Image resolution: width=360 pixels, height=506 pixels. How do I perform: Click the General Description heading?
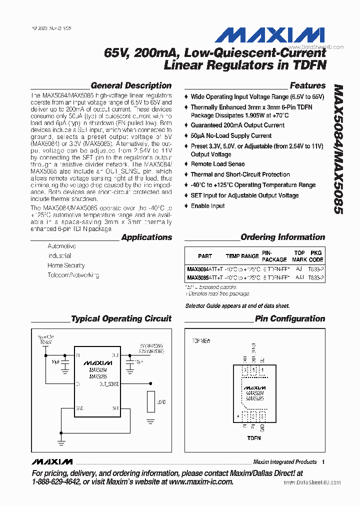click(x=131, y=85)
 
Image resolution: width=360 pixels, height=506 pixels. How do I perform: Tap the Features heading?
click(x=307, y=85)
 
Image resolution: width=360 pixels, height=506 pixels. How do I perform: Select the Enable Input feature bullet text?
click(x=207, y=206)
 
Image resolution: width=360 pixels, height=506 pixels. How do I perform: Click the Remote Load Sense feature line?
click(x=217, y=164)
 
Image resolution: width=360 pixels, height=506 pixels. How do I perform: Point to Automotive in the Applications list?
click(x=61, y=246)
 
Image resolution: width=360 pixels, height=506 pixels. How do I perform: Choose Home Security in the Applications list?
click(x=66, y=265)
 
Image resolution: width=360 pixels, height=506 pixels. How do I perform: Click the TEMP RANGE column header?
click(x=242, y=256)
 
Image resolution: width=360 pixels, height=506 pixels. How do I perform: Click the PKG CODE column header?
click(x=316, y=256)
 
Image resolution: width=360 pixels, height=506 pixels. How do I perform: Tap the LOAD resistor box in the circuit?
click(x=150, y=401)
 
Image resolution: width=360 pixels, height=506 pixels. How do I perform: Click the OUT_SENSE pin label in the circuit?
click(x=109, y=384)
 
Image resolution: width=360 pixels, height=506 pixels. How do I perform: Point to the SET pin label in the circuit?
click(x=115, y=408)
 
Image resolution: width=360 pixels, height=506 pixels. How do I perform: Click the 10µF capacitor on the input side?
click(x=64, y=367)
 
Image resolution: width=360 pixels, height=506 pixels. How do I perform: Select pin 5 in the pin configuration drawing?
click(x=254, y=370)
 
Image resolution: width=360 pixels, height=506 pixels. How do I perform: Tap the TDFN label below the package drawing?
click(x=254, y=438)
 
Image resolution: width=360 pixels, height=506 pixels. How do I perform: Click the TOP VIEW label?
click(x=201, y=341)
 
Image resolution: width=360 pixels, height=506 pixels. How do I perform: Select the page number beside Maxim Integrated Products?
click(x=324, y=462)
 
